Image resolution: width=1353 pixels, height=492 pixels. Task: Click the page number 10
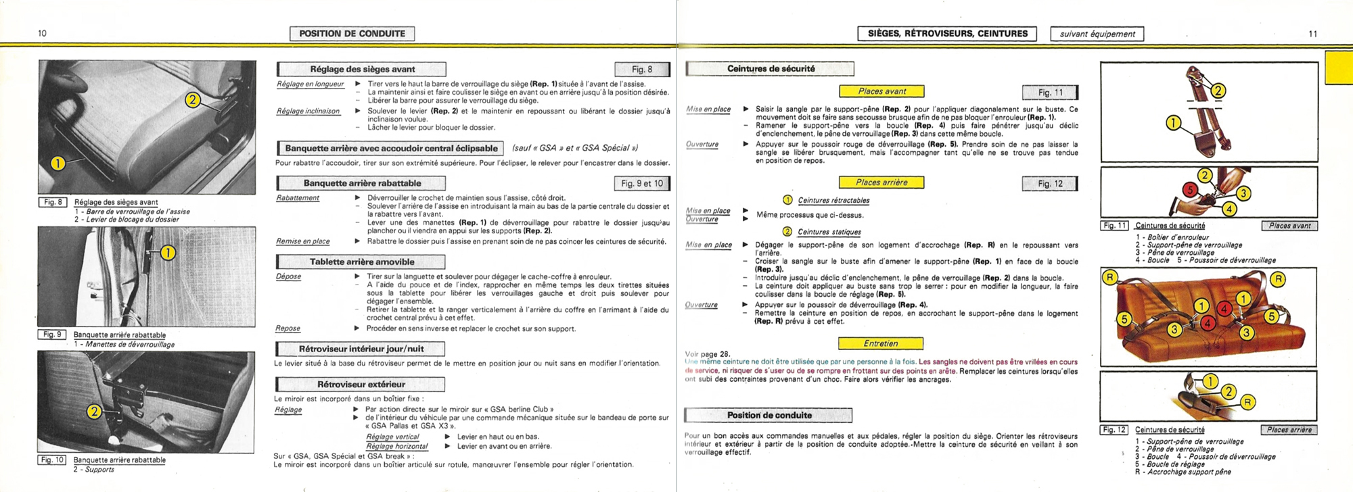pos(42,33)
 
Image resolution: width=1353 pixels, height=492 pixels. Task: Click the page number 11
pos(1312,34)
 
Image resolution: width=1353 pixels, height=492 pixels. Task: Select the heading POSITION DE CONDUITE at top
pos(352,34)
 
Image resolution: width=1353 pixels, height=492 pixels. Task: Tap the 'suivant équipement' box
pos(1097,34)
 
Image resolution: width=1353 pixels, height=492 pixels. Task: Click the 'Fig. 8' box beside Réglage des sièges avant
pos(641,69)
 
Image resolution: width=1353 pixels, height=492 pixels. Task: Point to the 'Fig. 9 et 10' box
pos(641,183)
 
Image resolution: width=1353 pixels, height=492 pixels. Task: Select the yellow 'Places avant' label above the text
pos(881,91)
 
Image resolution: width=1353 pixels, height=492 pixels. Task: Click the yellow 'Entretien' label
pos(880,343)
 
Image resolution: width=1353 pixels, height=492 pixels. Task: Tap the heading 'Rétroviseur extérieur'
pos(361,385)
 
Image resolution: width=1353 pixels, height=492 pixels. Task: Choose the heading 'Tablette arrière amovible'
pos(361,262)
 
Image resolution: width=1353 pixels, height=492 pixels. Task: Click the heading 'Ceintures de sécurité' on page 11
pos(771,69)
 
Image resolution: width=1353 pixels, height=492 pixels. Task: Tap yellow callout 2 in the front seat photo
pos(193,100)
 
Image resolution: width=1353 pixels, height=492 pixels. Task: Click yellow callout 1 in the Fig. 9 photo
pos(167,253)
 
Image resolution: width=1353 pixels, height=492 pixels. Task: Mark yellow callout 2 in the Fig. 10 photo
pos(94,412)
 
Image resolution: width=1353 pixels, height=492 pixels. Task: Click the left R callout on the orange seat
pos(1109,277)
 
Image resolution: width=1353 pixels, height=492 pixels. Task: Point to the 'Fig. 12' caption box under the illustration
pos(1114,430)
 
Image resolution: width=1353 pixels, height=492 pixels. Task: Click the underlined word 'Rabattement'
pos(298,198)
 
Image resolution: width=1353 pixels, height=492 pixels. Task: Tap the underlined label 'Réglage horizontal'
pos(396,446)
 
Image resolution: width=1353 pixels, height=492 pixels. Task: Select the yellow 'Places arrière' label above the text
pos(881,182)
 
